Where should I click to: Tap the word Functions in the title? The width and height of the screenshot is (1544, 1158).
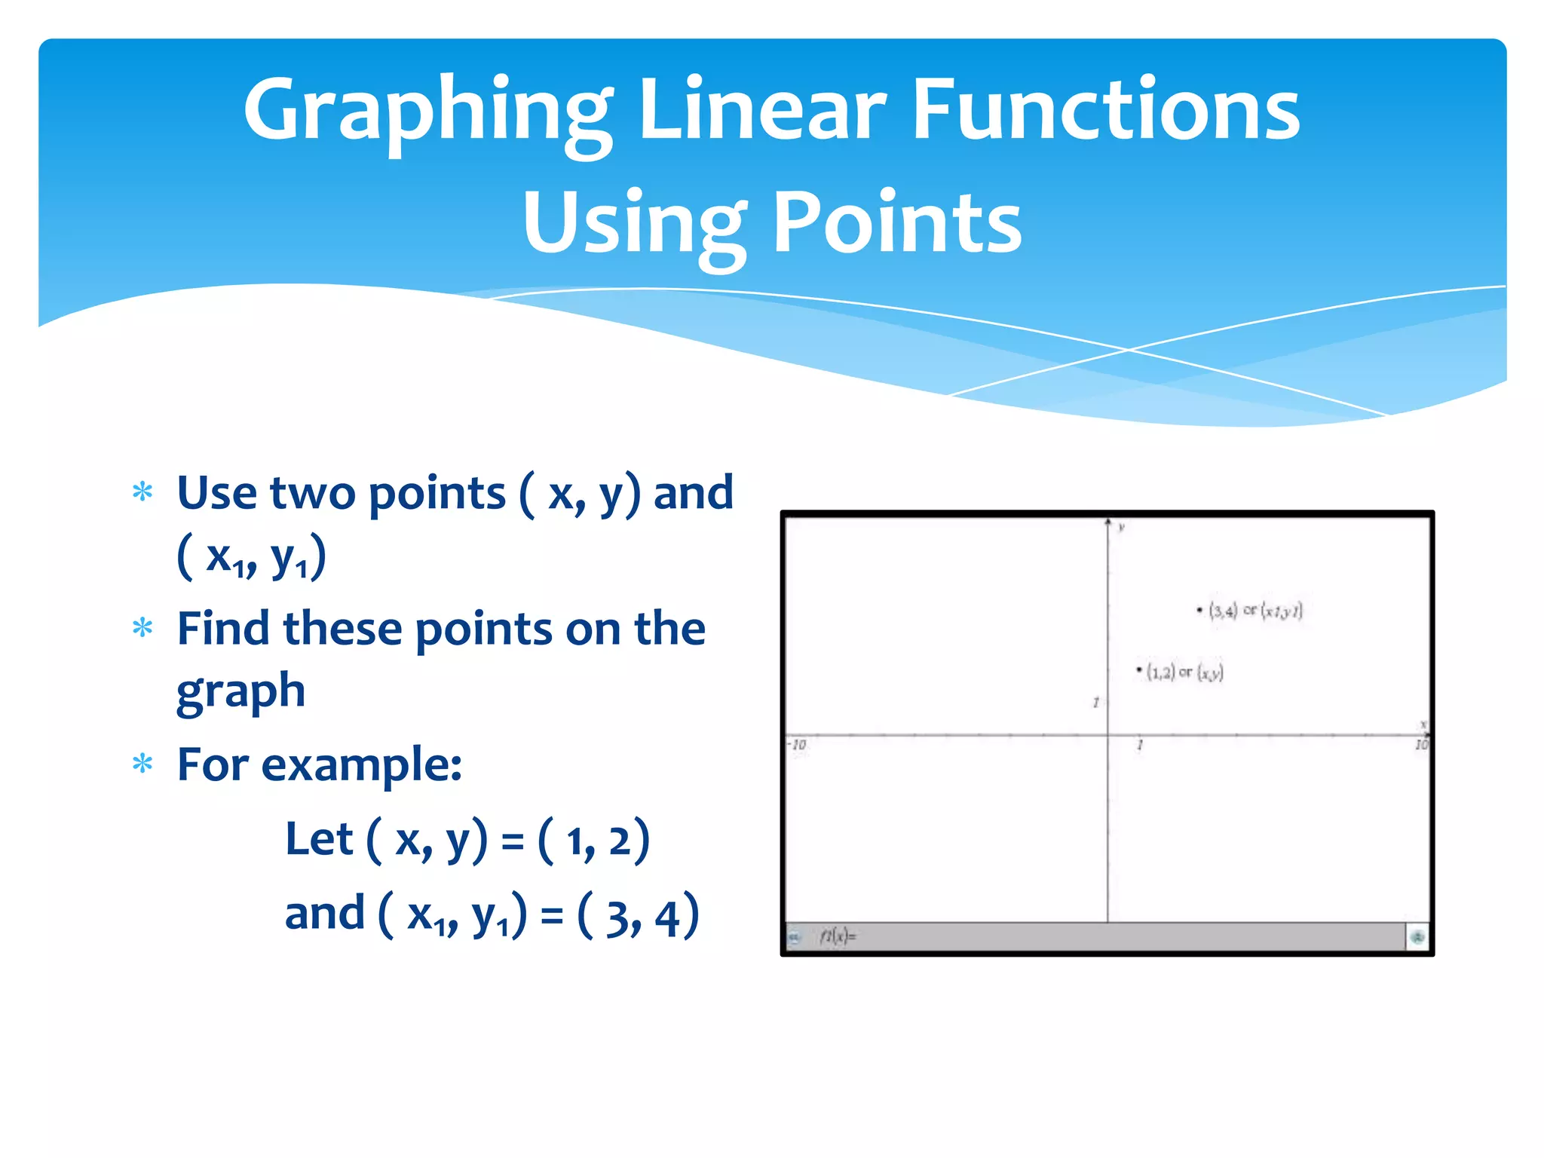(1106, 111)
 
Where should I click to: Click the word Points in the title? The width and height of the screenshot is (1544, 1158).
(897, 222)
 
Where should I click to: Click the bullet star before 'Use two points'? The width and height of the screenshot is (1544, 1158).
(142, 493)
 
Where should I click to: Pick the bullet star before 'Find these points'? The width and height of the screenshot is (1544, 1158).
(142, 627)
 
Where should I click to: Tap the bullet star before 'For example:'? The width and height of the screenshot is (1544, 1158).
(142, 764)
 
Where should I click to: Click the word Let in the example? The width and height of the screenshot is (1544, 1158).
(319, 839)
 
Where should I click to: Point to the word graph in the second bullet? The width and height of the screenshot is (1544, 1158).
(241, 692)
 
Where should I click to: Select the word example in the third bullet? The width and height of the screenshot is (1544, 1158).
(360, 765)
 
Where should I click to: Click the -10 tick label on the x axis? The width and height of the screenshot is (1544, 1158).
(798, 745)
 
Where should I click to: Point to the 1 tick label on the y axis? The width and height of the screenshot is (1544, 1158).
(1095, 703)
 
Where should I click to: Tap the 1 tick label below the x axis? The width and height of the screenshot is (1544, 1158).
(1140, 746)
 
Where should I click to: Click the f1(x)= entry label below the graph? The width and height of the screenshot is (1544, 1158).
(838, 936)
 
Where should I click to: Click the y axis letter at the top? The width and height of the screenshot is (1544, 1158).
(1122, 527)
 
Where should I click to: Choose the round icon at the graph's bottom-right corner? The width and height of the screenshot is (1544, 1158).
(1417, 937)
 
